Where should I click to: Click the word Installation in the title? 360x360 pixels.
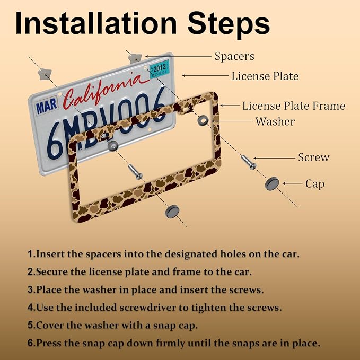coord(96,23)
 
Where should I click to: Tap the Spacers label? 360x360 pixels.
coord(234,57)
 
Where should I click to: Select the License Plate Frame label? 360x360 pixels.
coord(294,106)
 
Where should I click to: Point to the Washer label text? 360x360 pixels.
coord(275,121)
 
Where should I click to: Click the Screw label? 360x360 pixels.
coord(314,157)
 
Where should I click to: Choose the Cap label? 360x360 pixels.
coord(315,184)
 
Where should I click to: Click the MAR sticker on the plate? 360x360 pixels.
coord(46,106)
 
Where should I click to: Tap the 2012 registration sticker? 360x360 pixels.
coord(160,69)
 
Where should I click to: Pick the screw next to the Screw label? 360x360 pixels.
coord(249,162)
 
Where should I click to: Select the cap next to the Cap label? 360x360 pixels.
coord(273,184)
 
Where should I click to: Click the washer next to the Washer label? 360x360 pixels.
coord(203,120)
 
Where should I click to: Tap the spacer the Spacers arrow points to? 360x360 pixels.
coord(135,58)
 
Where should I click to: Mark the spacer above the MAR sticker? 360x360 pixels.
coord(45,74)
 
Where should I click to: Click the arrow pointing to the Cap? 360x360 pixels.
coord(292,183)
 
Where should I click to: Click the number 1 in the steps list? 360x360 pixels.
coord(31,254)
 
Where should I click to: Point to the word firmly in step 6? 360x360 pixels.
coord(170,344)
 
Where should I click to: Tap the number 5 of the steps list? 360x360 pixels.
coord(31,326)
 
